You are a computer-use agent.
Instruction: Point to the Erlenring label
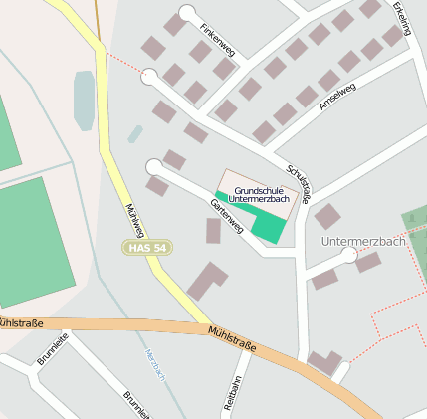pos(402,19)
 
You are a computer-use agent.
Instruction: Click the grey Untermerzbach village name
pos(363,241)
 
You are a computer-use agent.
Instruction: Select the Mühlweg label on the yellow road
pos(135,220)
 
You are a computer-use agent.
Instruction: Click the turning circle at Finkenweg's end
pos(187,13)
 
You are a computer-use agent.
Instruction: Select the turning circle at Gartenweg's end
pos(153,166)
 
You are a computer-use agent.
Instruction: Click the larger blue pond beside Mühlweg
pos(84,100)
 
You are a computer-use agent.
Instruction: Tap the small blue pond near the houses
pos(135,133)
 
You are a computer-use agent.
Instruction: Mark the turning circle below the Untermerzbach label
pos(349,256)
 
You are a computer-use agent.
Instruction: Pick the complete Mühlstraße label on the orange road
pos(232,340)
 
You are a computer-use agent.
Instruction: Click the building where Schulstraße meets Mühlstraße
pos(324,362)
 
